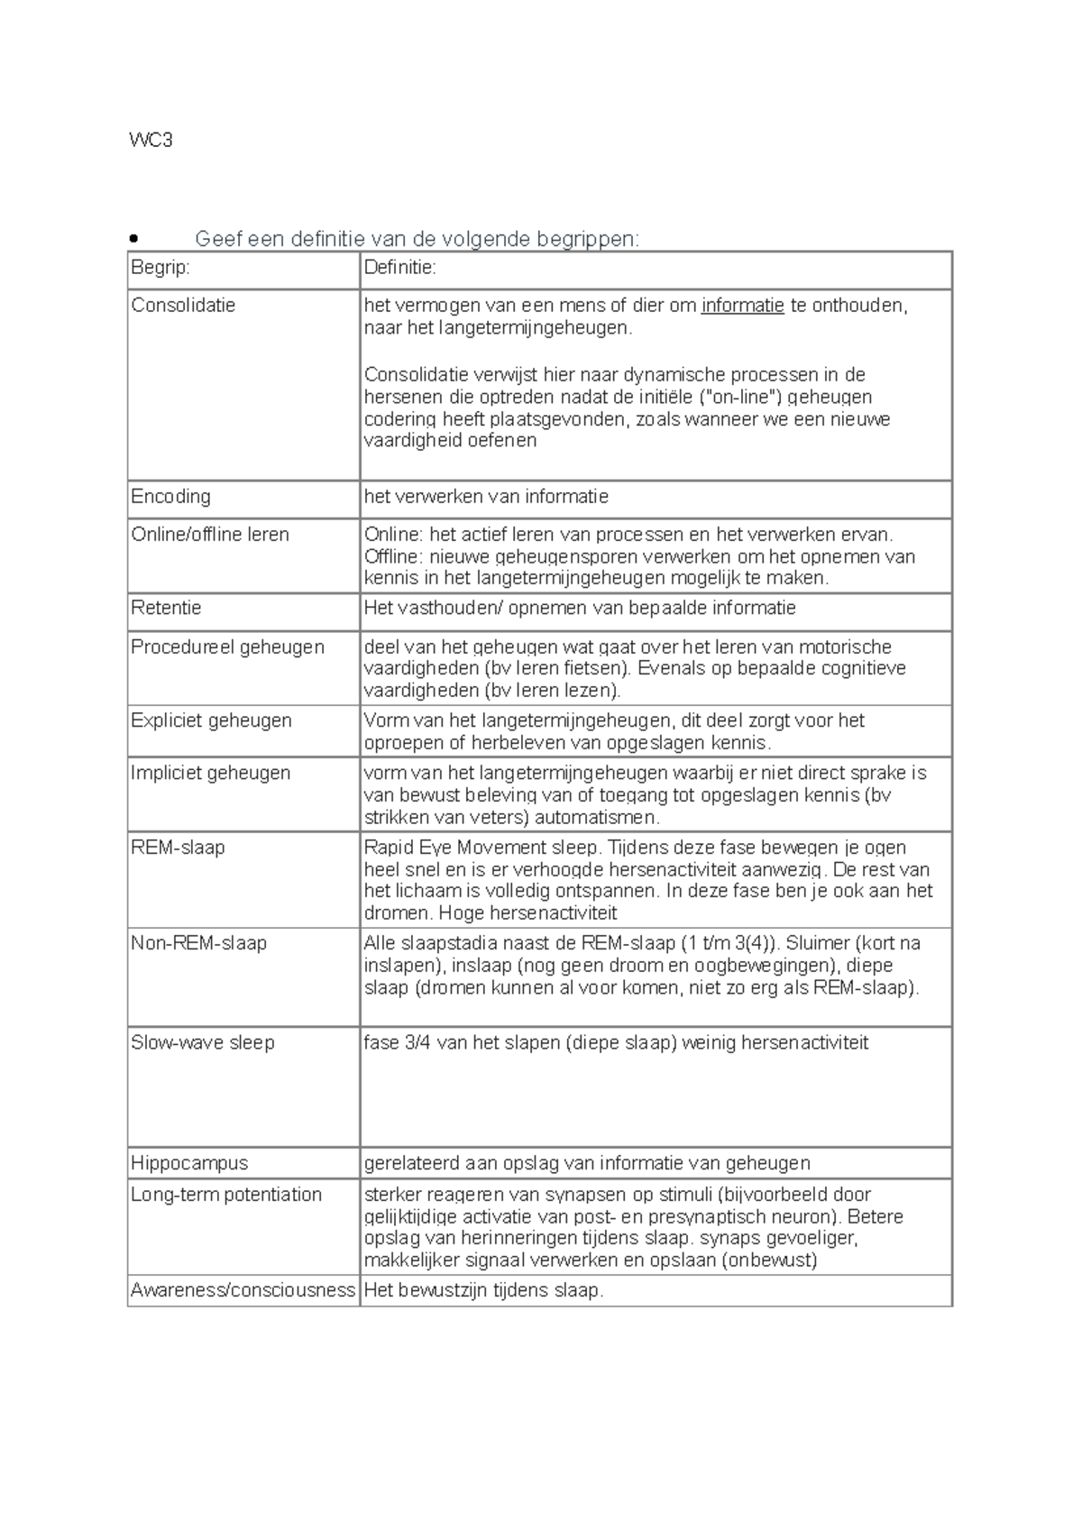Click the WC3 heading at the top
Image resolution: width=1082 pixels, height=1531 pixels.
pos(151,140)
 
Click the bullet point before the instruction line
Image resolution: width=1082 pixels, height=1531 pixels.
pos(134,239)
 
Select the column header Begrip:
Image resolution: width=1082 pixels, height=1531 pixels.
pos(160,268)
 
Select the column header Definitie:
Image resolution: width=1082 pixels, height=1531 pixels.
pos(399,268)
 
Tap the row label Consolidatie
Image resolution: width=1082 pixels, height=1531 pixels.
pos(183,306)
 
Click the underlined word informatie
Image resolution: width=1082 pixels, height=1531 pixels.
pos(742,306)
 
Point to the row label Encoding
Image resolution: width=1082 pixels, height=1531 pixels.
pos(170,497)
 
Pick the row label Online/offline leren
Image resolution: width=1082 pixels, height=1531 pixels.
pos(210,535)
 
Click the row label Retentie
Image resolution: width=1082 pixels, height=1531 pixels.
pos(166,608)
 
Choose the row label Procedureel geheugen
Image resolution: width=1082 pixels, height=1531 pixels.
pos(227,647)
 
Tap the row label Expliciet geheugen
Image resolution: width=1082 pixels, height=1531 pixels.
pos(211,720)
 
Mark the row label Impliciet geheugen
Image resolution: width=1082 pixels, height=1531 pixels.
pos(210,773)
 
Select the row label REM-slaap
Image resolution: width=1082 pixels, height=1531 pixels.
pos(178,848)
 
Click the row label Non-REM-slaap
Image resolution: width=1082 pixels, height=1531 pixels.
pos(198,943)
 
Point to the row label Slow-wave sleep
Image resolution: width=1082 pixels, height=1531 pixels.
pos(202,1043)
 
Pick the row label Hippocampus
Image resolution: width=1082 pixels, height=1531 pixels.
pos(189,1163)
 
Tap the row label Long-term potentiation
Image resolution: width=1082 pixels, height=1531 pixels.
pos(226,1195)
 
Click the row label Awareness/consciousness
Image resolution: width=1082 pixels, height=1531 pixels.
pos(243,1290)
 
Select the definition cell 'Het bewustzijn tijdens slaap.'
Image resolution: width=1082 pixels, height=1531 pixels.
pos(483,1290)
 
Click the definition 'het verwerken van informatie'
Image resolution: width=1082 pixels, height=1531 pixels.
pos(486,497)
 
